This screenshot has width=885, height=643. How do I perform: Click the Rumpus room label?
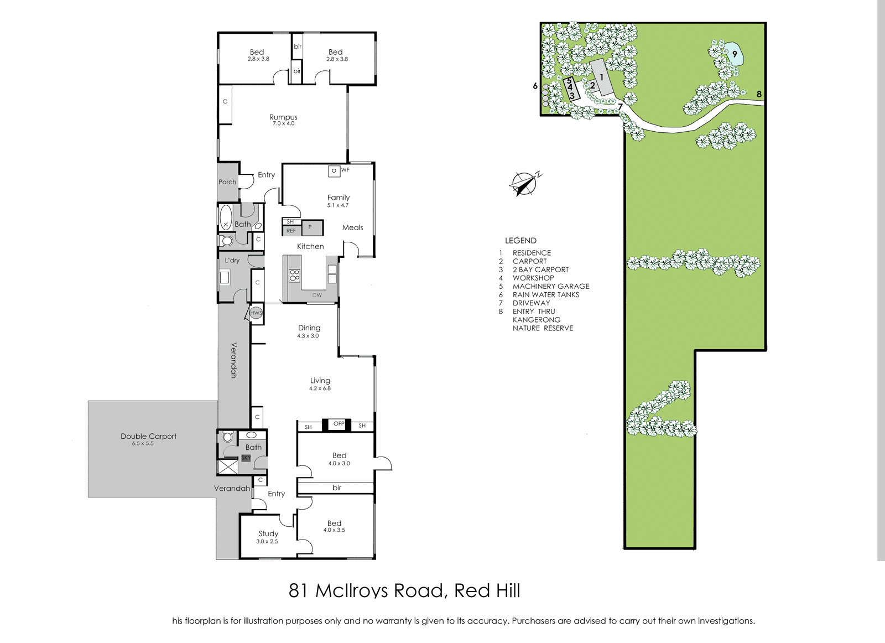click(283, 117)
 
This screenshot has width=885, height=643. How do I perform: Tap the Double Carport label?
click(149, 436)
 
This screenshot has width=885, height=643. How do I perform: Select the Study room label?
click(268, 533)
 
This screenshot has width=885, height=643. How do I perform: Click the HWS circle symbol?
click(256, 313)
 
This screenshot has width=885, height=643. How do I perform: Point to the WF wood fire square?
click(334, 171)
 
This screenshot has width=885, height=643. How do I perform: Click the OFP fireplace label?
click(339, 424)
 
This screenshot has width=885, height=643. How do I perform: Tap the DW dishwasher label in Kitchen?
click(317, 295)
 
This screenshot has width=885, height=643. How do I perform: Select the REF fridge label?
click(291, 231)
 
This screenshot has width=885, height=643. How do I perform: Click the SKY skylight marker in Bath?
click(246, 458)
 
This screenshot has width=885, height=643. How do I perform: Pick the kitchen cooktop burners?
click(295, 275)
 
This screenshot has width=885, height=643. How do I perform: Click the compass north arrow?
click(525, 184)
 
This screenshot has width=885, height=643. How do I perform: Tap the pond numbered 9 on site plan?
click(734, 54)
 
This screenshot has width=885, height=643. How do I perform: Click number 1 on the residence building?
click(602, 77)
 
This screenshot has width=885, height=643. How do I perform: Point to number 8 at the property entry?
click(759, 94)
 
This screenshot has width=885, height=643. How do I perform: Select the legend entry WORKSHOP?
click(533, 278)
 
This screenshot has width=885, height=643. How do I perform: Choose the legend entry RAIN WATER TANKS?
click(546, 294)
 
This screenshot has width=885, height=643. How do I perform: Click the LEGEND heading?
click(520, 240)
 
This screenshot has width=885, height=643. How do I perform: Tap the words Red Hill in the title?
click(487, 591)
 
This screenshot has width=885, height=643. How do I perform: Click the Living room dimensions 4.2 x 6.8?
click(320, 388)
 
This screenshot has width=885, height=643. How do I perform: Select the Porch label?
click(227, 182)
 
